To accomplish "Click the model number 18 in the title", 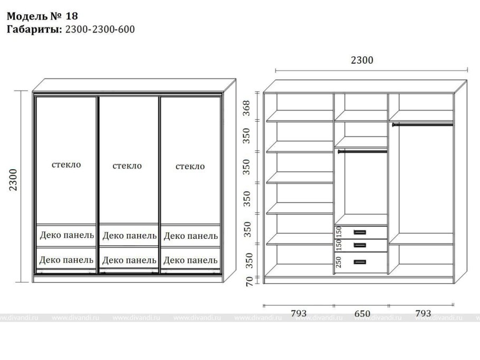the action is [x=72, y=16].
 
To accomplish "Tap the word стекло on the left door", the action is [x=66, y=164].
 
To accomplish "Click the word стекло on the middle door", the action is [x=127, y=166].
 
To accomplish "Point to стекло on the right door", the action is [x=190, y=167].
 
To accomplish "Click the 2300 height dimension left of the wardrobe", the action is [x=13, y=180].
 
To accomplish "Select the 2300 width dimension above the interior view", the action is [x=362, y=60].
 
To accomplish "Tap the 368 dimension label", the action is [x=246, y=108].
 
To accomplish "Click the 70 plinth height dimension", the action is [x=249, y=281].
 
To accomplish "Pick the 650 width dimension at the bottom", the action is [x=362, y=314].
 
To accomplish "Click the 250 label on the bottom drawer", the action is [x=338, y=262].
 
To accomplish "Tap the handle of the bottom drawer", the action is [x=360, y=262].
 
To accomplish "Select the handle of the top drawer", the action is [x=360, y=232].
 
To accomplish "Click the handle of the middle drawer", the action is [x=360, y=245].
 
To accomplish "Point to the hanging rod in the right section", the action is [x=423, y=124].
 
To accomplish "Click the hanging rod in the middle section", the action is [x=362, y=151].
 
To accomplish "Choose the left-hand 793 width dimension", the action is [x=299, y=313].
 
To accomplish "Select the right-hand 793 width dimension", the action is [x=423, y=313].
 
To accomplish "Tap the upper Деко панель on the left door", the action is [x=67, y=235].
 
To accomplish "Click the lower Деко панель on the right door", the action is [x=190, y=260].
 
